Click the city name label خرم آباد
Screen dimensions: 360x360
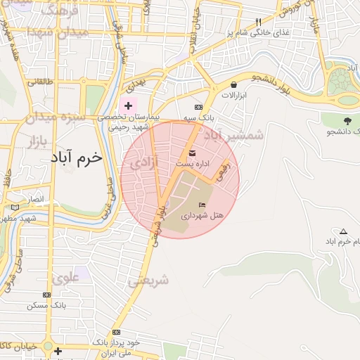[x=76, y=157]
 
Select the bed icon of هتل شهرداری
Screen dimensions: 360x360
[x=202, y=205]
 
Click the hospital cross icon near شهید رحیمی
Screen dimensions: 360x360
[x=128, y=105]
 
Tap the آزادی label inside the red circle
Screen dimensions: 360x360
[x=145, y=163]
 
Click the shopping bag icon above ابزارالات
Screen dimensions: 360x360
[x=233, y=86]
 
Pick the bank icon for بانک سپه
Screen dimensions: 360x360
[x=208, y=106]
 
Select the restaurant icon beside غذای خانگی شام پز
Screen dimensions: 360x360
[x=258, y=22]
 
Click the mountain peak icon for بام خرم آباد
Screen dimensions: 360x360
[x=343, y=231]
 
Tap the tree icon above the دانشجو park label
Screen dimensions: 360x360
[x=347, y=120]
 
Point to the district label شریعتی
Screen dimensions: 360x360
[x=148, y=280]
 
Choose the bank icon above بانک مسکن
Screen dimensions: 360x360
[x=47, y=295]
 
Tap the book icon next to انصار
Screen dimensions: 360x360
[x=15, y=207]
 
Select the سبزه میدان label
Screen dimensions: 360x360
[x=54, y=116]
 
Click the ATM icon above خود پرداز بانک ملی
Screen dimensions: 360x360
[x=116, y=332]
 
